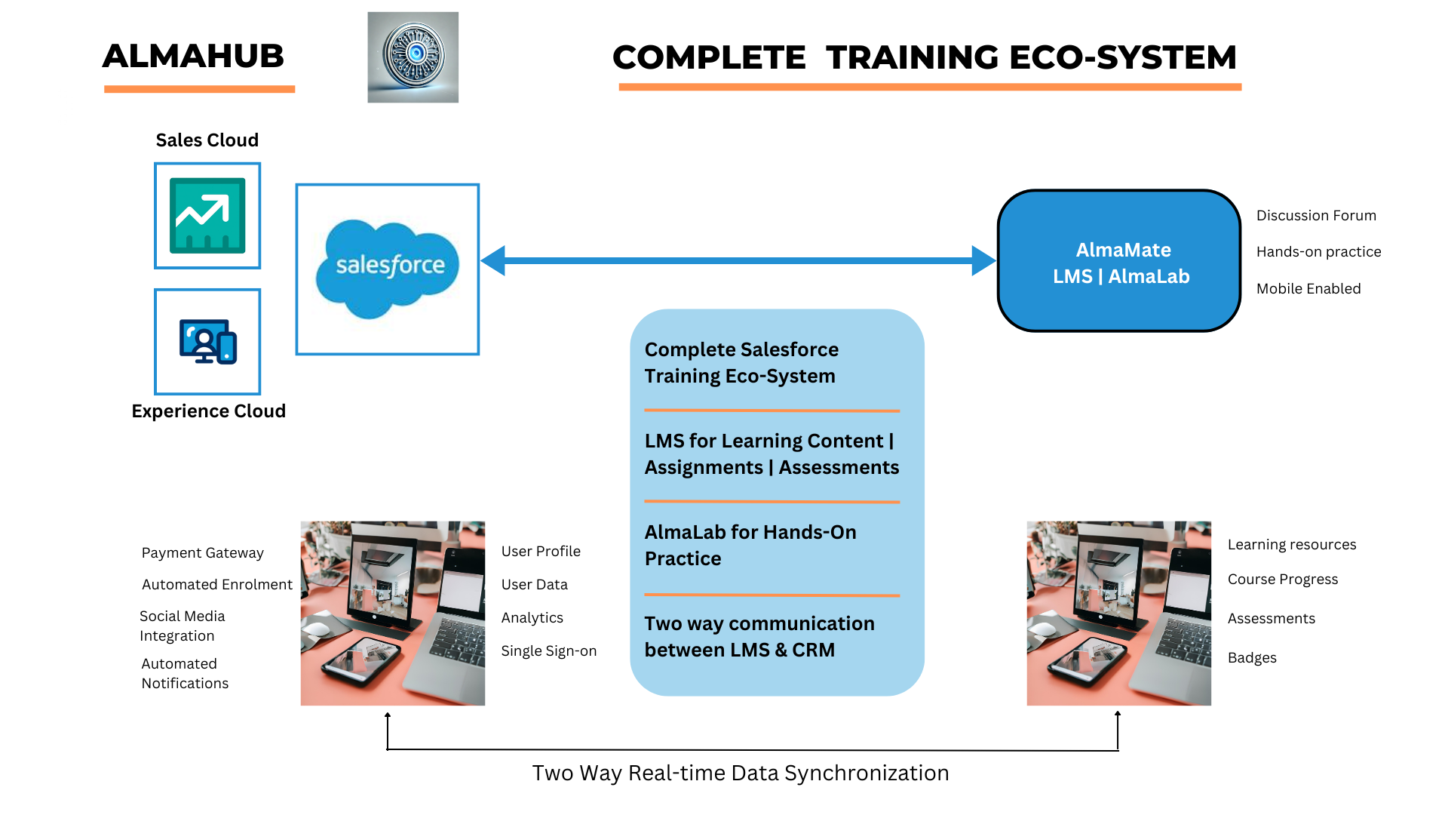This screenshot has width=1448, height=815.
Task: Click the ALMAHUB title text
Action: click(193, 57)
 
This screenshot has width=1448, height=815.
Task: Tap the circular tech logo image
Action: click(413, 57)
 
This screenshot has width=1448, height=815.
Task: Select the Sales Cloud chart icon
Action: click(207, 216)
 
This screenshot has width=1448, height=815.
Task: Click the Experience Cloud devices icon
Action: click(207, 342)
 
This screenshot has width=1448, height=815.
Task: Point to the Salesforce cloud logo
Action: click(388, 268)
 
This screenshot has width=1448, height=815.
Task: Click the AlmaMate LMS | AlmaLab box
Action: click(1120, 261)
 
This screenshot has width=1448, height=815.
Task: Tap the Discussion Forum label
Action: click(1316, 216)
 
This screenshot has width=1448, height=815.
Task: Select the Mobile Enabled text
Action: click(1308, 289)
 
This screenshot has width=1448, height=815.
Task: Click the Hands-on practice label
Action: click(1318, 252)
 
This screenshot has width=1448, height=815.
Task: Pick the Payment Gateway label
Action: click(203, 553)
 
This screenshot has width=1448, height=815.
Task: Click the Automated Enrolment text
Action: click(217, 585)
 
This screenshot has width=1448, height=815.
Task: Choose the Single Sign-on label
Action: click(549, 651)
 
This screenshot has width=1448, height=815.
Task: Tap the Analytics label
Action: click(532, 618)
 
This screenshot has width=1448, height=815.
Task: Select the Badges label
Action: click(1252, 658)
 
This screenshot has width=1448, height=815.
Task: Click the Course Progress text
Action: click(1283, 580)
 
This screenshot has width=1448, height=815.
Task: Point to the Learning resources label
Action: click(1292, 545)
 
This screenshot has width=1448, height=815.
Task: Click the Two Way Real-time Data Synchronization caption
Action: click(741, 773)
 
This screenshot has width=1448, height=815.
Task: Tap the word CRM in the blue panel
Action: click(813, 650)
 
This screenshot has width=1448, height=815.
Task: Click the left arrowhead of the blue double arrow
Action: click(493, 261)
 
